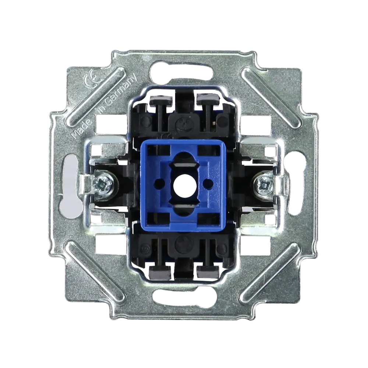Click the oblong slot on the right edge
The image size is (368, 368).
(296, 185)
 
